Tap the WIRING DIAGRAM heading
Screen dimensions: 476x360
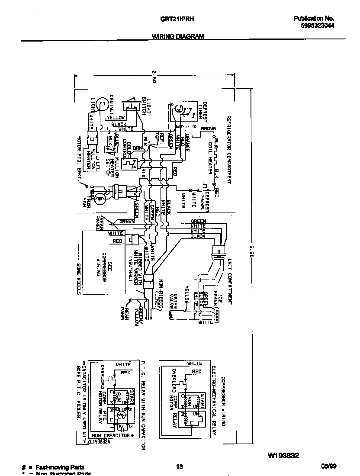click(178, 37)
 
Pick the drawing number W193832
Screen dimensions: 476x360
click(283, 456)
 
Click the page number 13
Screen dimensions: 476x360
click(180, 466)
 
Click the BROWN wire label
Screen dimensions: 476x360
click(208, 129)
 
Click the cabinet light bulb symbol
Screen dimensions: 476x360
click(100, 104)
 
